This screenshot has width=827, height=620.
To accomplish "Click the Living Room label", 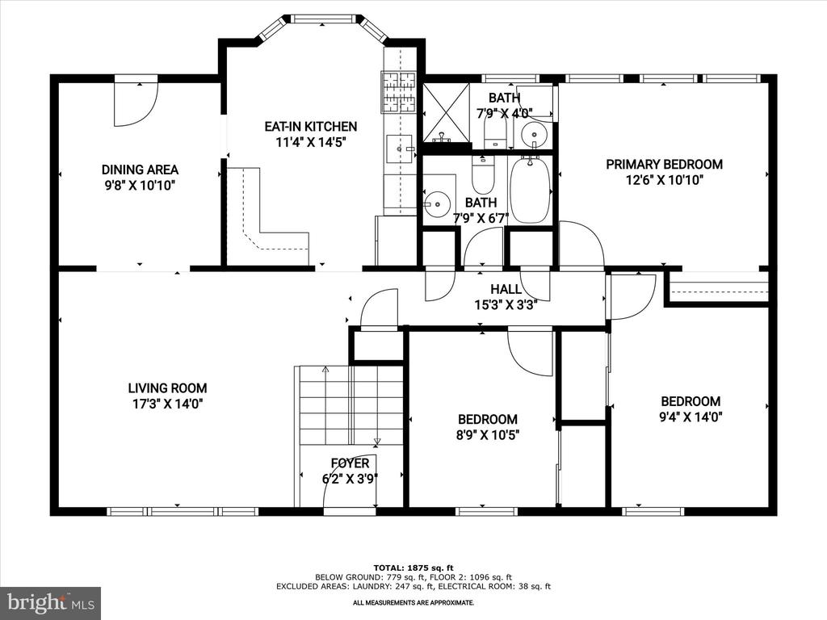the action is [x=167, y=388].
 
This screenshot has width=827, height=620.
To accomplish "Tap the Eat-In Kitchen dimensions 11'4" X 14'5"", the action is [x=311, y=142].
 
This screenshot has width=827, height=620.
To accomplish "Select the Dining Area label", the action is [x=140, y=170].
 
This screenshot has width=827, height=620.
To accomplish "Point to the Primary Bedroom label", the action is [x=664, y=165].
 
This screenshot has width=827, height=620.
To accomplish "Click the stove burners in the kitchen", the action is [x=399, y=92].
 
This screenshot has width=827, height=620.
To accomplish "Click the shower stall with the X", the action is [x=446, y=113].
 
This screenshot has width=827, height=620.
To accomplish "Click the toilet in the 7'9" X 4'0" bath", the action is [x=495, y=131].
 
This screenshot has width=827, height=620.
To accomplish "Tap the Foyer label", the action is [x=351, y=463].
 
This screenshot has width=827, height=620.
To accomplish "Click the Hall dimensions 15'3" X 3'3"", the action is [x=506, y=305].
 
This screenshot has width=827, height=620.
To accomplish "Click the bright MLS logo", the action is [x=51, y=602].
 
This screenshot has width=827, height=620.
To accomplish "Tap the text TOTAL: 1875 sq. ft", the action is [x=413, y=568].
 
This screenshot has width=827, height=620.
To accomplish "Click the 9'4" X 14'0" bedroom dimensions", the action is [x=691, y=417].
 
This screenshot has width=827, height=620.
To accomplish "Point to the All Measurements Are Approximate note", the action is [x=413, y=602].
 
